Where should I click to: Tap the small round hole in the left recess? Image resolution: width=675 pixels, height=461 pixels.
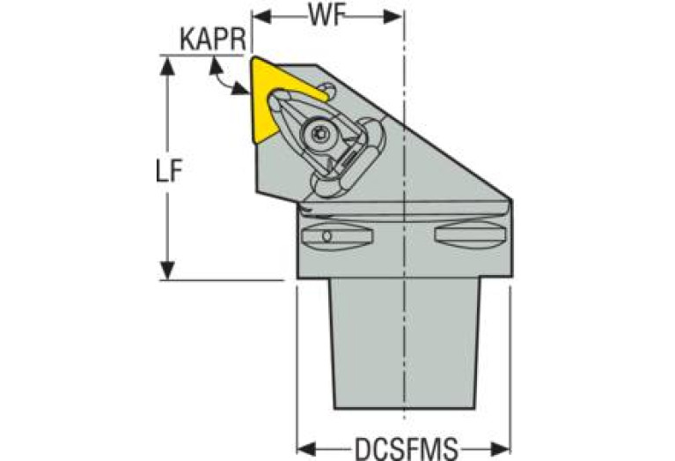(327, 236)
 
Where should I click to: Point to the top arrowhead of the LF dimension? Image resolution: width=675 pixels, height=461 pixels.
(165, 63)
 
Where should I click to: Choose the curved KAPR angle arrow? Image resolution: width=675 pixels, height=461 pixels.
(225, 81)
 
